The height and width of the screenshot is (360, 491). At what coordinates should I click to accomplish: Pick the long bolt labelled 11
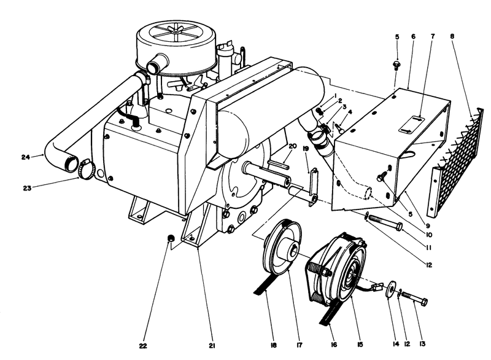point(384,223)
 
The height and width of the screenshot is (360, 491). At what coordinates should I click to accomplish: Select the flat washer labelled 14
point(389,289)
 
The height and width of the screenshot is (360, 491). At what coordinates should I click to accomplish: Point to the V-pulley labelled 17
point(283,248)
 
